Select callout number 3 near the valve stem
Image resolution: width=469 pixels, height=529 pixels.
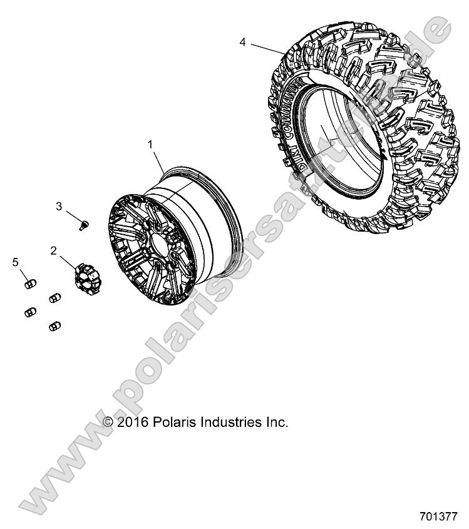tap(59, 206)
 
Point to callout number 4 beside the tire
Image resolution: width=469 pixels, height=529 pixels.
tap(242, 42)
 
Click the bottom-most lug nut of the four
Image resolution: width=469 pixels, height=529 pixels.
tap(54, 326)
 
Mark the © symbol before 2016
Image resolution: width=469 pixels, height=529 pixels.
tap(109, 423)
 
